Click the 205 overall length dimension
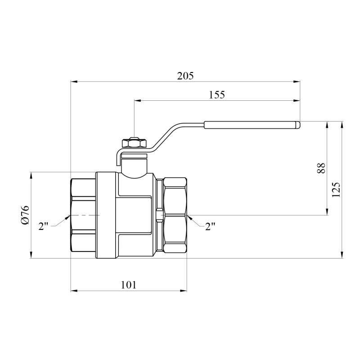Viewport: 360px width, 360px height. tap(185, 76)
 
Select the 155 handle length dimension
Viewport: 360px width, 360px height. tap(217, 94)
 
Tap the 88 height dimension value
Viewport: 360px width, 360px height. tap(321, 168)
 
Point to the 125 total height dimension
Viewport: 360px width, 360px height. tap(336, 189)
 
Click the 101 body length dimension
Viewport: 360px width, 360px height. tap(129, 285)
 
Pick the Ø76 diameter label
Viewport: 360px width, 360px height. tap(25, 215)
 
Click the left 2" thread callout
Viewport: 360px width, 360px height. tap(43, 226)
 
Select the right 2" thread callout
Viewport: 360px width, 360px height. tap(210, 226)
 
